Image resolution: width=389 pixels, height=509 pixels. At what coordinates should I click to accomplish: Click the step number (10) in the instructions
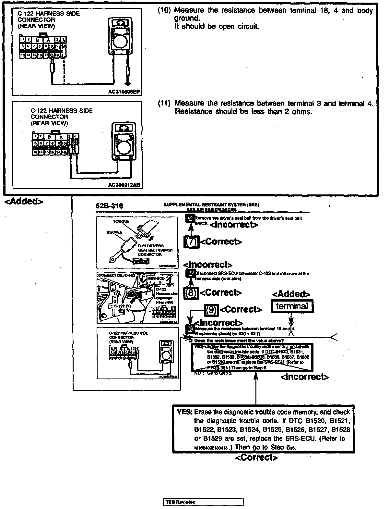[164, 10]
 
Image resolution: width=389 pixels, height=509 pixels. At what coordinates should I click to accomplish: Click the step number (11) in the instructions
[164, 104]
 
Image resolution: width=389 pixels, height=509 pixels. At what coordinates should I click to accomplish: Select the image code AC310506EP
[124, 92]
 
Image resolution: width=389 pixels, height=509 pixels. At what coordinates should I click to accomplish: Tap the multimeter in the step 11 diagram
[124, 143]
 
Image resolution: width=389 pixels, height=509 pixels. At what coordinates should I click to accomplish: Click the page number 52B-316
[110, 206]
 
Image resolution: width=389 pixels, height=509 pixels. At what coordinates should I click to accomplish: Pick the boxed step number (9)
[211, 309]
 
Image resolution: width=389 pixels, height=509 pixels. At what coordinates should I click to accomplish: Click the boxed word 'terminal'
[292, 306]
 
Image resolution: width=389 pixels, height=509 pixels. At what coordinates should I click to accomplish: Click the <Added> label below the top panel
[24, 201]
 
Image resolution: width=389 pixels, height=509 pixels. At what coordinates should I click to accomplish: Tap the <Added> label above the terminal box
[291, 294]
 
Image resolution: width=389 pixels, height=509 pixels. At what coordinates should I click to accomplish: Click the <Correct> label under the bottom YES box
[256, 458]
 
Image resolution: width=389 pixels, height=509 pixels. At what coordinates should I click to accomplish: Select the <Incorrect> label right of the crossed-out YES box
[304, 377]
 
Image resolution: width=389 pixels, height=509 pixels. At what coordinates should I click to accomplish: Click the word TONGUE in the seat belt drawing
[121, 221]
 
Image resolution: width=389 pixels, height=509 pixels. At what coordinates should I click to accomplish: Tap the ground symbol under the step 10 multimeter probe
[128, 81]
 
